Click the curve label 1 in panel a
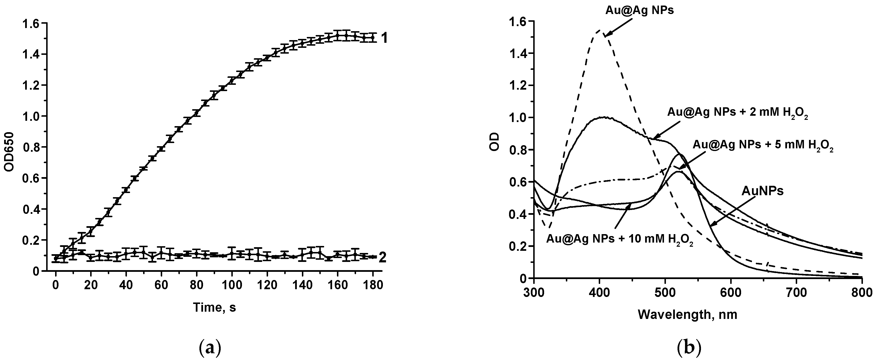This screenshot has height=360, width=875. pyautogui.click(x=384, y=38)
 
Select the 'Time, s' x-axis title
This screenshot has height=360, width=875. pyautogui.click(x=214, y=307)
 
